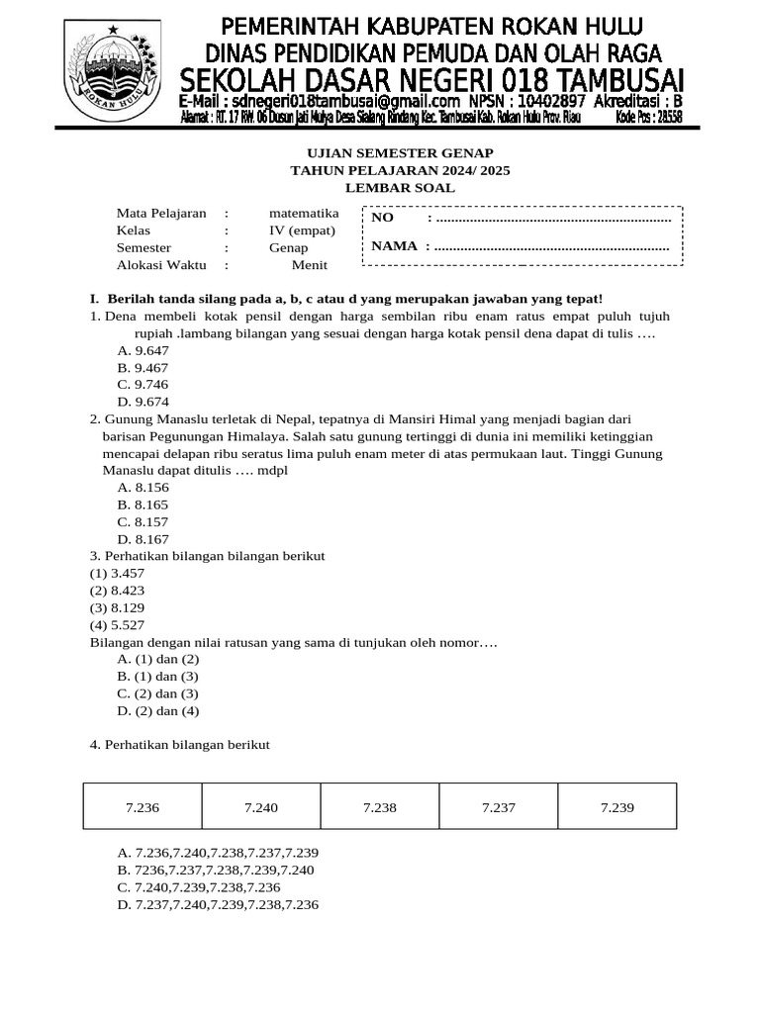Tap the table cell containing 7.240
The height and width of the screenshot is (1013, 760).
[x=261, y=807]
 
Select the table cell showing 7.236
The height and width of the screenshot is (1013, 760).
[x=142, y=807]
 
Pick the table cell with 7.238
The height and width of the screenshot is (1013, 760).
[x=380, y=807]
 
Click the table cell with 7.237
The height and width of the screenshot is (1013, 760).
[x=499, y=807]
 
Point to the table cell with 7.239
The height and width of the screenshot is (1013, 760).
[x=617, y=807]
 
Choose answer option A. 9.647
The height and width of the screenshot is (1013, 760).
[x=142, y=350]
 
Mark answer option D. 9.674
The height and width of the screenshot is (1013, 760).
[x=142, y=401]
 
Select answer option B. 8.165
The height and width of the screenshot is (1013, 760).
[x=142, y=505]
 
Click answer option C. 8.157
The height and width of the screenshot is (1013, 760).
[x=142, y=521]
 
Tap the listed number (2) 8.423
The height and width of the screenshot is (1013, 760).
[x=117, y=591]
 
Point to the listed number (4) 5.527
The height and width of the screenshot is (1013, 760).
[x=117, y=625]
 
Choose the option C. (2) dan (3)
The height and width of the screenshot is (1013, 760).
[x=158, y=693]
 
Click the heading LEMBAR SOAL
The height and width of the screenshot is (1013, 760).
[x=400, y=188]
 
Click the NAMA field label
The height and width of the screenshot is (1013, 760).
[x=394, y=246]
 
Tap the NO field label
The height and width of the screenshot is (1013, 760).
[x=382, y=218]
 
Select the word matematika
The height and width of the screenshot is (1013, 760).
[x=304, y=213]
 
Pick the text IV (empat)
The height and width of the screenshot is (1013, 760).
[x=302, y=230]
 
